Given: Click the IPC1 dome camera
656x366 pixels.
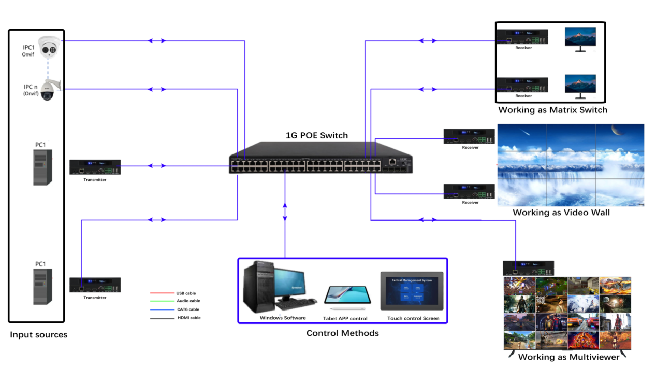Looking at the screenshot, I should (50, 48).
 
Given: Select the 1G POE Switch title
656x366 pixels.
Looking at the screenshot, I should (317, 135).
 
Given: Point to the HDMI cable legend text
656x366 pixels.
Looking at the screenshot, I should (188, 318).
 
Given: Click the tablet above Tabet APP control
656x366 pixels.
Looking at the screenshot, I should (347, 295).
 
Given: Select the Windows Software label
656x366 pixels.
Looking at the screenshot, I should (283, 318).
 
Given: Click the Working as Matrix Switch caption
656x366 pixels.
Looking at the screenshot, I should (552, 110).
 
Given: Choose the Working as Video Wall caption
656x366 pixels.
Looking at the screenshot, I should (561, 213).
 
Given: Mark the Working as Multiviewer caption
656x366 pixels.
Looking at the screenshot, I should (568, 357).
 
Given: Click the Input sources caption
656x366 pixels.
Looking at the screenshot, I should (39, 335).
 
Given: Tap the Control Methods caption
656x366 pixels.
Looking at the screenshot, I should (342, 333).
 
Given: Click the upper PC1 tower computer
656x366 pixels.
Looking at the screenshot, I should (42, 167).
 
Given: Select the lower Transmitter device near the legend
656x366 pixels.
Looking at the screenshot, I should (95, 285).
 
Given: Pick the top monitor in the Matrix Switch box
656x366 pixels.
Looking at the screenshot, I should (580, 38).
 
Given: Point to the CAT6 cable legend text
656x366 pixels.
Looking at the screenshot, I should (188, 309).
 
